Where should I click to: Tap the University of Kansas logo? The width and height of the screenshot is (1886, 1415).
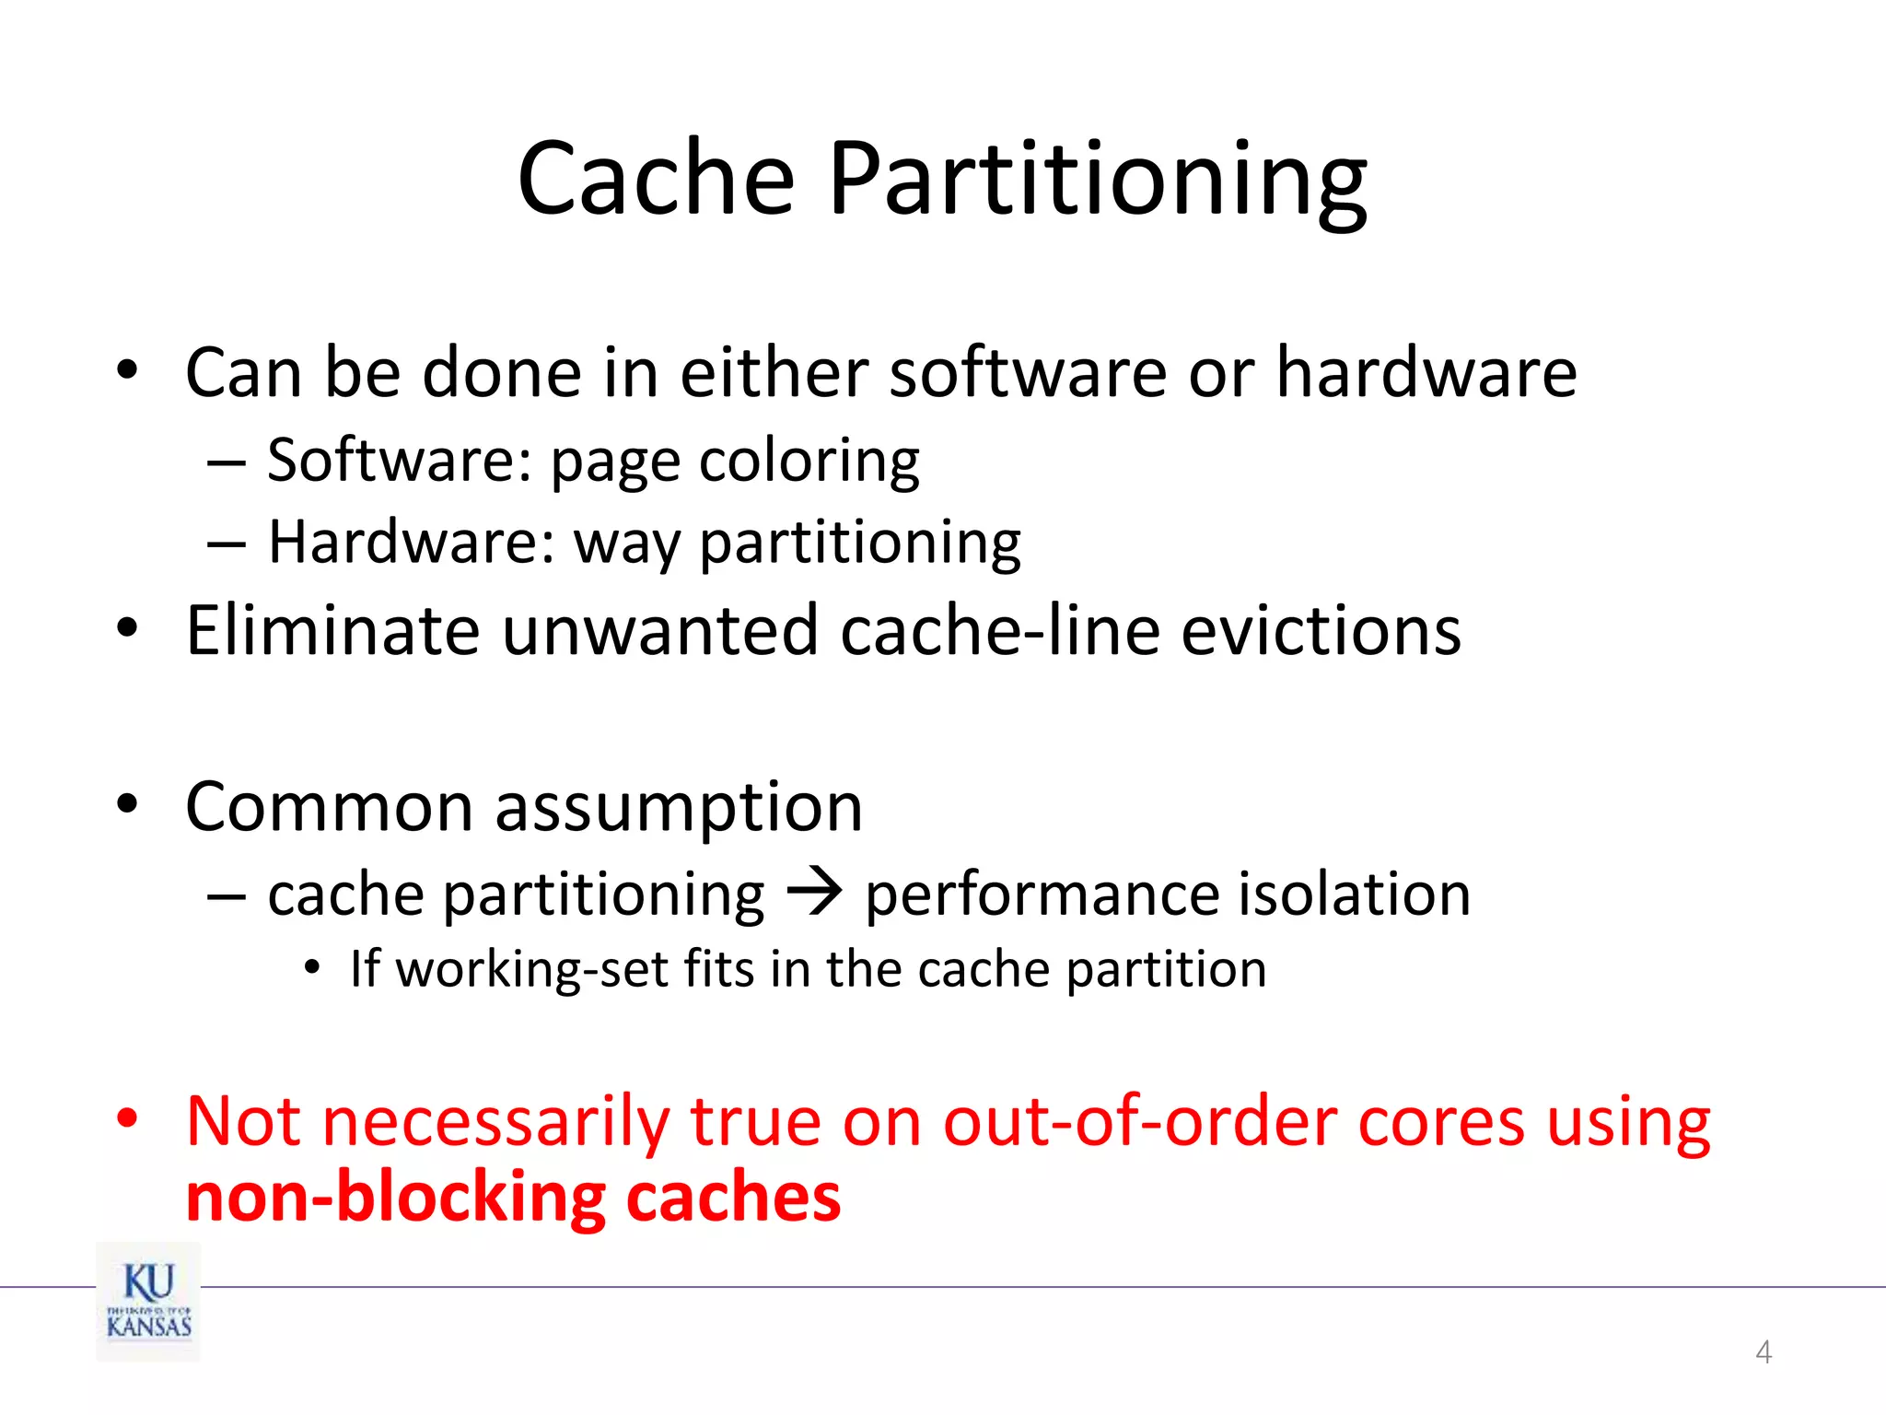[x=148, y=1301]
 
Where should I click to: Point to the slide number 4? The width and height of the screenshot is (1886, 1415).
[x=1764, y=1351]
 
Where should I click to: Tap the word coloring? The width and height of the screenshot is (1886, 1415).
[x=809, y=460]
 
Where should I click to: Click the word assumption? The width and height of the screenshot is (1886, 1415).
[x=679, y=808]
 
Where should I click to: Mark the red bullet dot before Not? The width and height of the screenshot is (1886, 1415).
[x=127, y=1118]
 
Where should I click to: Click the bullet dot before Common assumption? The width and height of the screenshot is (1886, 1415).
[x=127, y=803]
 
